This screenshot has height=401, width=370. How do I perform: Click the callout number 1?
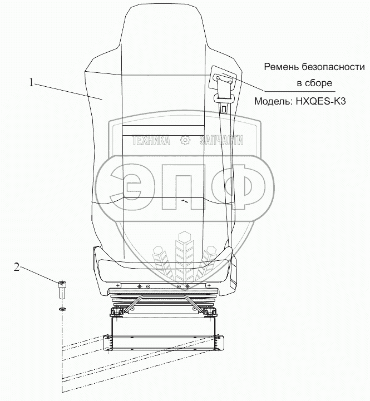click(x=33, y=83)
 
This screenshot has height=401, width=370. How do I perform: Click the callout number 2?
click(x=17, y=268)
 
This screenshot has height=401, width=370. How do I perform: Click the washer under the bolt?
click(x=61, y=308)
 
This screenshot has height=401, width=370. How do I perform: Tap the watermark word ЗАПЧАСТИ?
click(x=221, y=141)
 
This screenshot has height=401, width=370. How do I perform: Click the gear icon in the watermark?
click(x=185, y=141)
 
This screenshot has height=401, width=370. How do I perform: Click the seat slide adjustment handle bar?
click(x=167, y=305)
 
